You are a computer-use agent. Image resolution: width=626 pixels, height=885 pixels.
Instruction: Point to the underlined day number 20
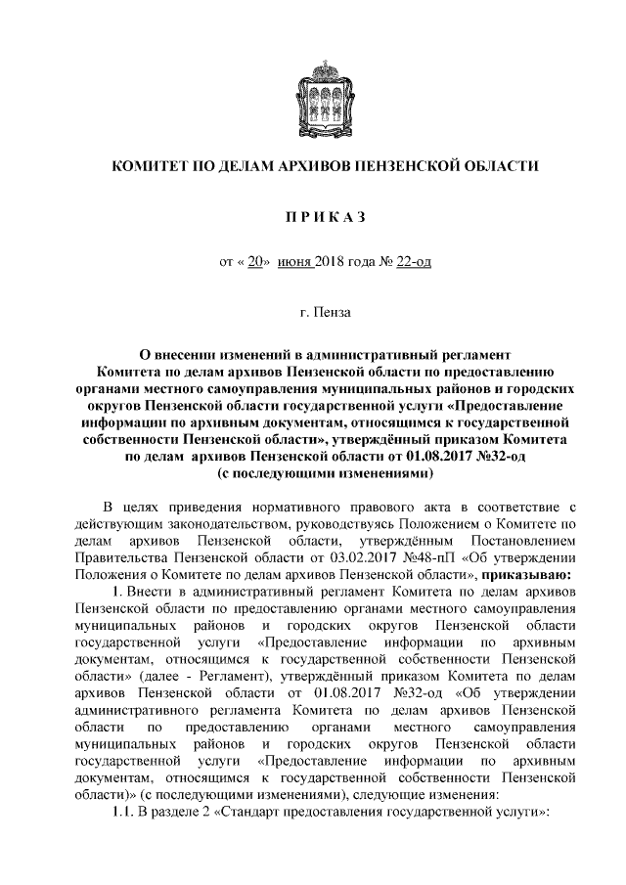[x=257, y=263]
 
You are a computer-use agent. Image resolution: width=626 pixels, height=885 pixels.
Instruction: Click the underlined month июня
[x=296, y=263]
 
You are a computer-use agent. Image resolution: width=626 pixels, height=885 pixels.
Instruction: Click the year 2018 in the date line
[x=333, y=263]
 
